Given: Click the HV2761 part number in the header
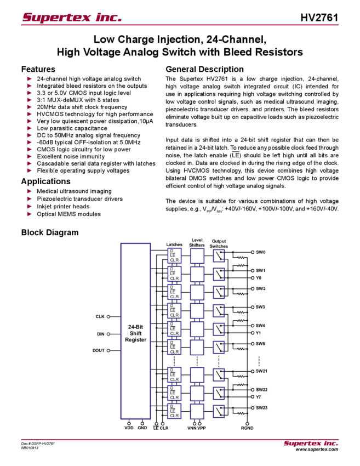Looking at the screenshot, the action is tap(319, 18).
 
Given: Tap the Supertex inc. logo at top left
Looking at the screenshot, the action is tap(72, 17).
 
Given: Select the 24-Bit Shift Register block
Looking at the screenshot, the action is tap(135, 331).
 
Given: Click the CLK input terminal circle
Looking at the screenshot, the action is tap(108, 317).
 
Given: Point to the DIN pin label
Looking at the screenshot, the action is tap(101, 334).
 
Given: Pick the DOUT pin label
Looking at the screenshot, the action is tap(98, 350).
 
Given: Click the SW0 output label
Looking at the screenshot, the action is tap(260, 252).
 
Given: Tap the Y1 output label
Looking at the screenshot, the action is tap(259, 333).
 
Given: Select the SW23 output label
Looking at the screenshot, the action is tap(262, 408).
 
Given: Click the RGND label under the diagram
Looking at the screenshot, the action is tap(247, 428).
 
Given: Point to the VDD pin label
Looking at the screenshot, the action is tap(129, 428).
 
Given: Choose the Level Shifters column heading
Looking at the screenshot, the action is tap(197, 242).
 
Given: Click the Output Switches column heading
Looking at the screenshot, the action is tap(219, 244).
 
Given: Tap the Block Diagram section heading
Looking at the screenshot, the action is tap(50, 232).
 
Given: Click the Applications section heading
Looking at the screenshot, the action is tap(45, 181).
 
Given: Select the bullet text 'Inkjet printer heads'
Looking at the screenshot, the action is tap(63, 206).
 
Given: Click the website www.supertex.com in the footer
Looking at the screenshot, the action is tap(317, 449).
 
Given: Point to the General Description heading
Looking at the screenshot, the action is tap(204, 69).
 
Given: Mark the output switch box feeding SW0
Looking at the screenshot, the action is tap(219, 255).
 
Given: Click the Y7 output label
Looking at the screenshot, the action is tap(259, 397).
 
